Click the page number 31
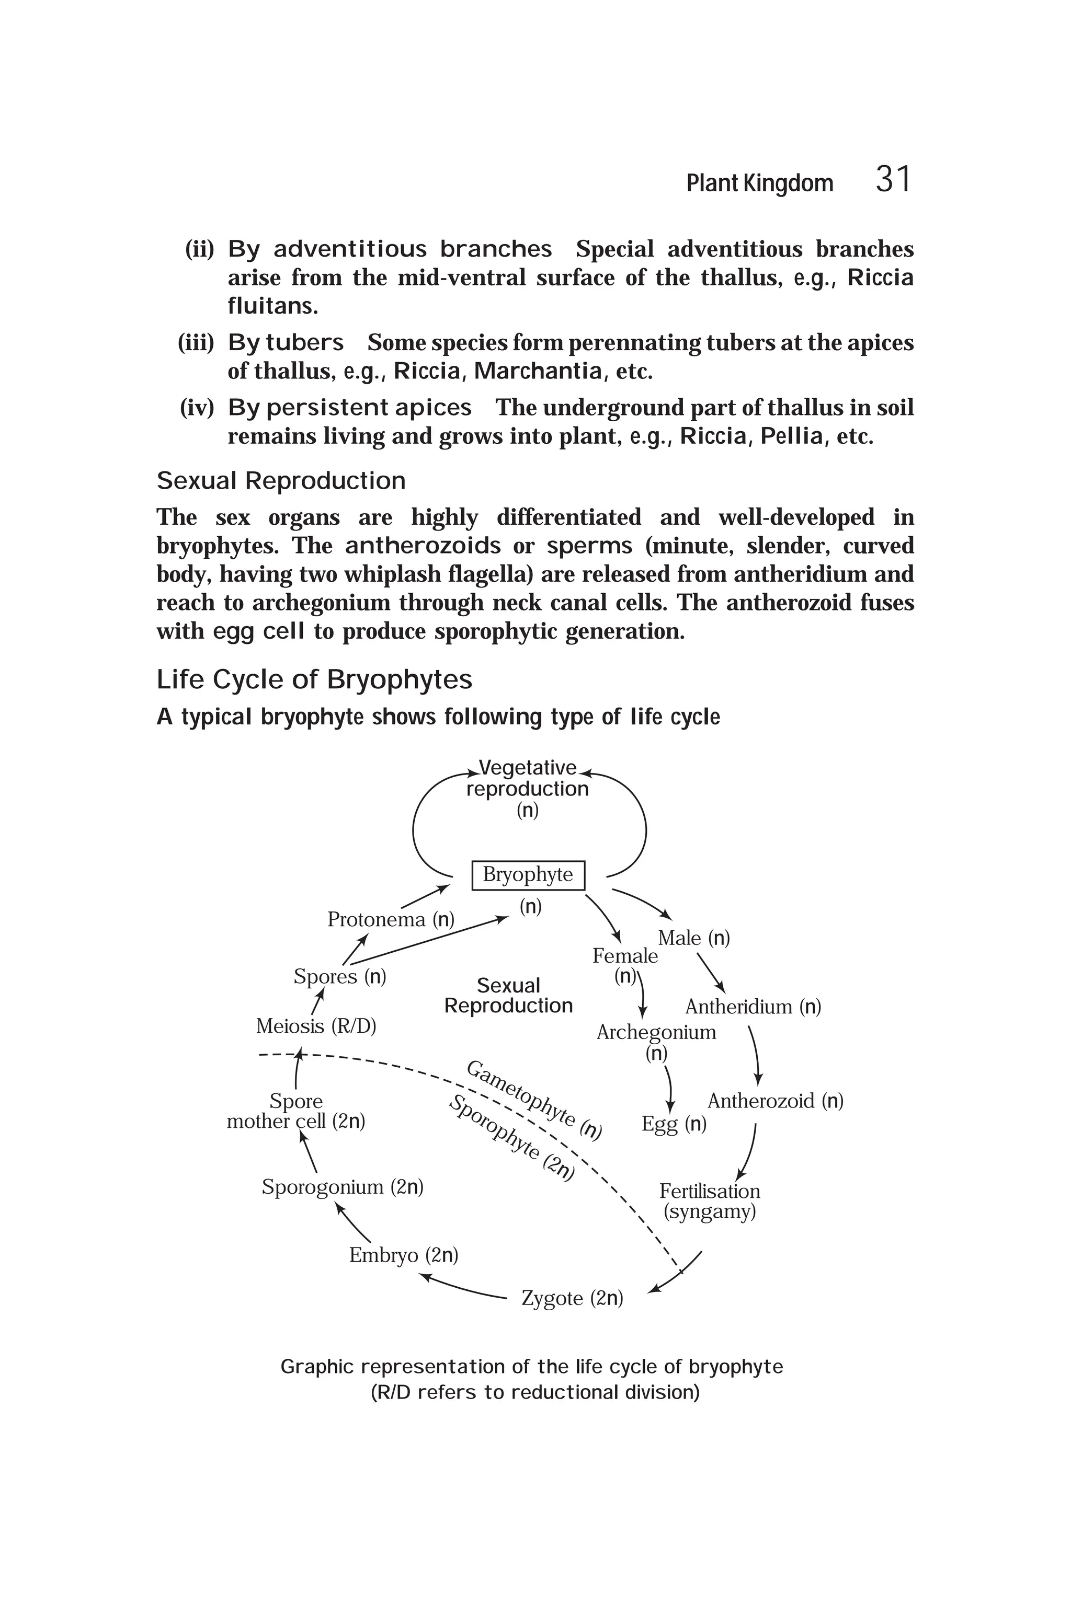click(893, 180)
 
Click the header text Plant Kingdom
click(759, 183)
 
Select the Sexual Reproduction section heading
click(281, 481)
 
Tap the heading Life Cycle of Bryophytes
click(314, 679)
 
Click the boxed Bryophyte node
click(528, 874)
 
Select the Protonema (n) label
click(391, 920)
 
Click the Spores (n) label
click(339, 976)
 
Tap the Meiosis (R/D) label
click(315, 1026)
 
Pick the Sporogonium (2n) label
click(342, 1186)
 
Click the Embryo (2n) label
click(403, 1255)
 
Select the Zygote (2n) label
click(572, 1298)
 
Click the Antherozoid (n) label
click(774, 1101)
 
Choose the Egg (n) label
click(674, 1124)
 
